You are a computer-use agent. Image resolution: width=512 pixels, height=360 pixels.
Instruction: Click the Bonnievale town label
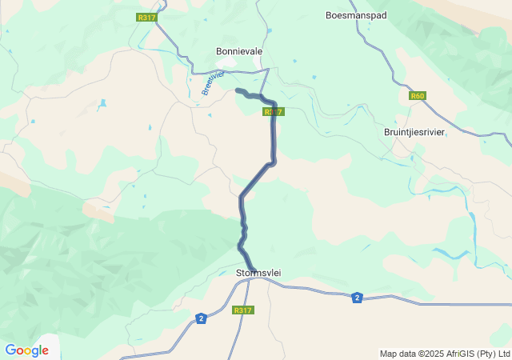point(239,51)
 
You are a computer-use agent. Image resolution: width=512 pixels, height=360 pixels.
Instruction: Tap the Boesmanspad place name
point(356,15)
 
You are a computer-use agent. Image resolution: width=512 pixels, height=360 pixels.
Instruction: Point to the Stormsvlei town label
point(258,273)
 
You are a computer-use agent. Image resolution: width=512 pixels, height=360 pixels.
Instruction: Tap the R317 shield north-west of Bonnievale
point(146,18)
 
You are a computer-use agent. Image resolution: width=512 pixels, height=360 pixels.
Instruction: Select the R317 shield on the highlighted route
point(274,112)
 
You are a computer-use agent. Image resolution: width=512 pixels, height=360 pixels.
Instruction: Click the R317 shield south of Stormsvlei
point(243,310)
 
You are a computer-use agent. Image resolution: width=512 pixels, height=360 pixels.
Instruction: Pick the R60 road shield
point(417,96)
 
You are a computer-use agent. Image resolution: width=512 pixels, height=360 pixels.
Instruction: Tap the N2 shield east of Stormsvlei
point(357,298)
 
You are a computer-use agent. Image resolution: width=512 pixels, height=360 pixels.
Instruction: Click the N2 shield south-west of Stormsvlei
point(200,319)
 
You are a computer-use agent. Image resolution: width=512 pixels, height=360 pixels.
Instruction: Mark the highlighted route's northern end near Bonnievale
point(238,90)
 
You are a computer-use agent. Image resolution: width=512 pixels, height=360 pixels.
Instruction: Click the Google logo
point(26,350)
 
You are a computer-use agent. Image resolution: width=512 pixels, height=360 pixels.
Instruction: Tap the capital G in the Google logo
point(10,350)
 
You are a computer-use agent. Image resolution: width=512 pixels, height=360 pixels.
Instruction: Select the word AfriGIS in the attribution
point(453,354)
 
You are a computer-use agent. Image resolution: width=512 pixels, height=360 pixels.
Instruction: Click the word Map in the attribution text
point(388,354)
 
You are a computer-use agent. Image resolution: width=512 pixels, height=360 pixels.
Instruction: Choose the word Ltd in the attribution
point(502,354)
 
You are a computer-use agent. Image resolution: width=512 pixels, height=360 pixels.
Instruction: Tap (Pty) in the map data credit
point(482,354)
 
